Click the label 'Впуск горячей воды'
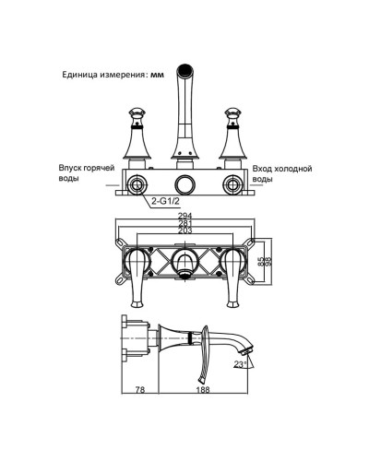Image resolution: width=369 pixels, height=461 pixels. (83, 174)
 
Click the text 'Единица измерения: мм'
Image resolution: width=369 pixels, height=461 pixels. (104, 76)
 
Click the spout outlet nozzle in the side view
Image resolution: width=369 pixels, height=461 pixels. (244, 352)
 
